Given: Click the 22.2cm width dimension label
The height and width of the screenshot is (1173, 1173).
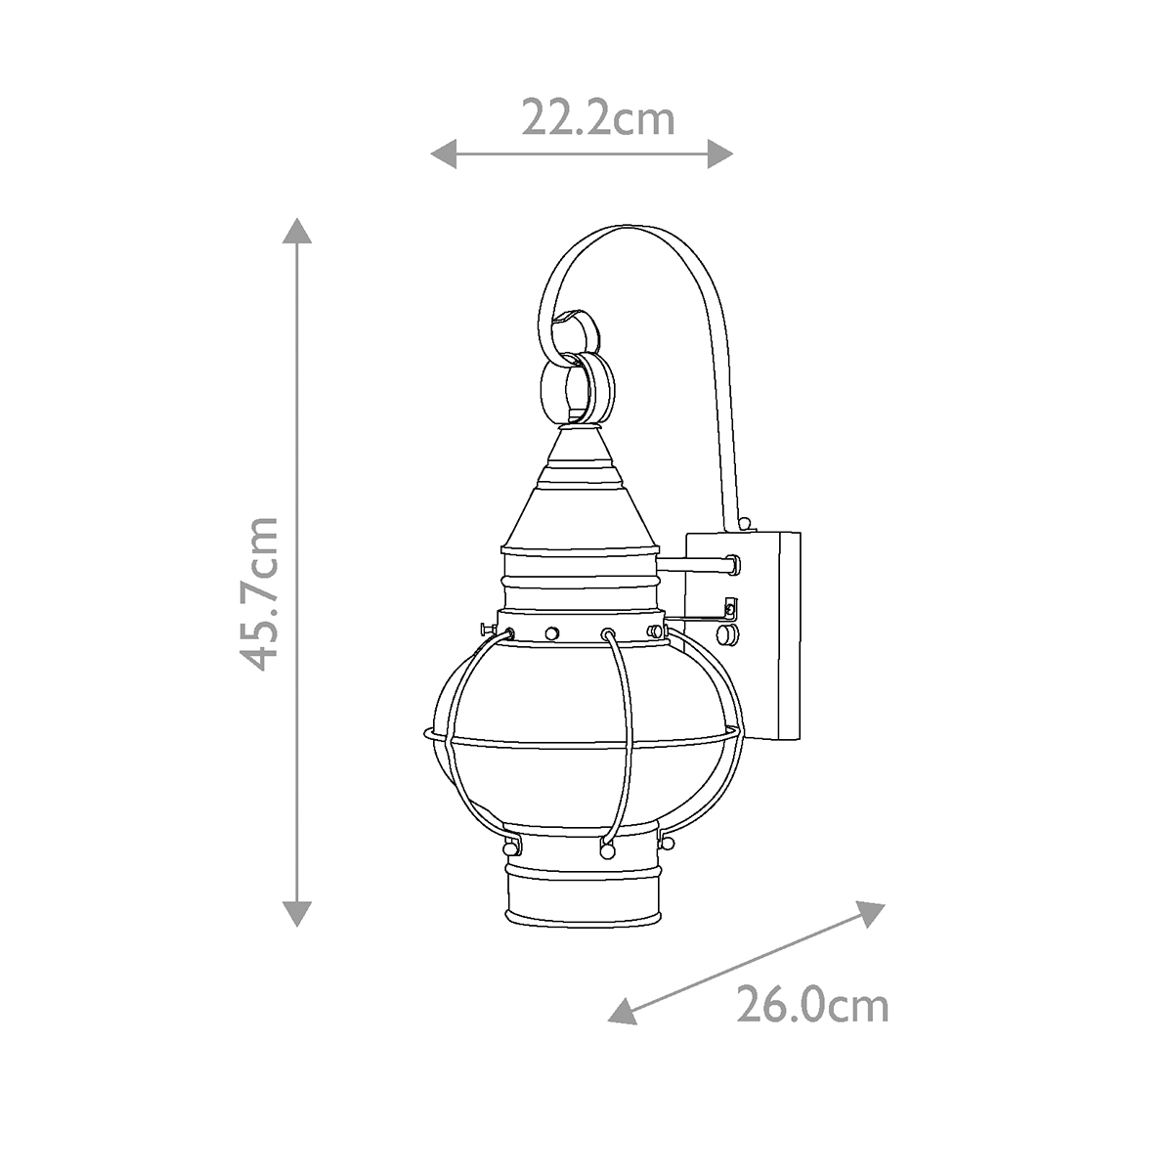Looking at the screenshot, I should pos(597,118).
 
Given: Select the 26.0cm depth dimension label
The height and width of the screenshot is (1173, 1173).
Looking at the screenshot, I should pos(811,1005).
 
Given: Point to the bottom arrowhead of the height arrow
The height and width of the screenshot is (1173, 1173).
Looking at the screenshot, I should pos(297,912).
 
